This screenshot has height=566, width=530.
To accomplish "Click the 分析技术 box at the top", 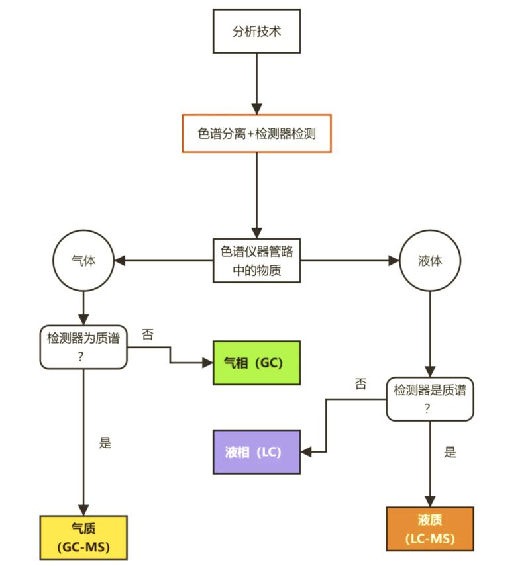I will pyautogui.click(x=256, y=31).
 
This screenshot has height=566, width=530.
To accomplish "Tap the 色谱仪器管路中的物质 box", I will pyautogui.click(x=256, y=261).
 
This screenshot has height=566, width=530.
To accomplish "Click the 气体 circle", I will pyautogui.click(x=83, y=261).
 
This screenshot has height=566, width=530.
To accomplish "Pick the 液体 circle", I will pyautogui.click(x=430, y=261).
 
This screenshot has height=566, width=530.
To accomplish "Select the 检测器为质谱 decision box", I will pyautogui.click(x=83, y=346).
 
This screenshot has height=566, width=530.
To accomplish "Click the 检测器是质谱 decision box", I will pyautogui.click(x=430, y=399).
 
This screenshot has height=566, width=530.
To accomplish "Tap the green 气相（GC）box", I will pyautogui.click(x=256, y=363).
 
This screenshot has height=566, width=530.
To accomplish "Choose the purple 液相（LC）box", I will pyautogui.click(x=256, y=452).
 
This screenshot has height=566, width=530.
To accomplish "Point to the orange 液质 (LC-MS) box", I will pyautogui.click(x=430, y=529).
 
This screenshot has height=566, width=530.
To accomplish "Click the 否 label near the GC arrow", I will pyautogui.click(x=148, y=334).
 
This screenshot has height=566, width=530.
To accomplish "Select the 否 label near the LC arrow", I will pyautogui.click(x=360, y=384).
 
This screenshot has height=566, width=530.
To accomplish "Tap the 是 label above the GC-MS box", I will pyautogui.click(x=105, y=443).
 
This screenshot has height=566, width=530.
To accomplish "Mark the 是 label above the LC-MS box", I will pyautogui.click(x=450, y=453).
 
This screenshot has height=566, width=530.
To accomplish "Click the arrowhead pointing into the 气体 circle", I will pyautogui.click(x=120, y=261).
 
